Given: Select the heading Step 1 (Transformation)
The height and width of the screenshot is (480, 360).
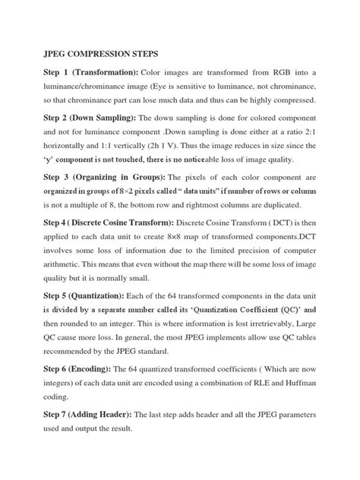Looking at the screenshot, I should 84,71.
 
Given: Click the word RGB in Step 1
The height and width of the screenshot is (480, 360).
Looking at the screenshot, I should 291,71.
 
